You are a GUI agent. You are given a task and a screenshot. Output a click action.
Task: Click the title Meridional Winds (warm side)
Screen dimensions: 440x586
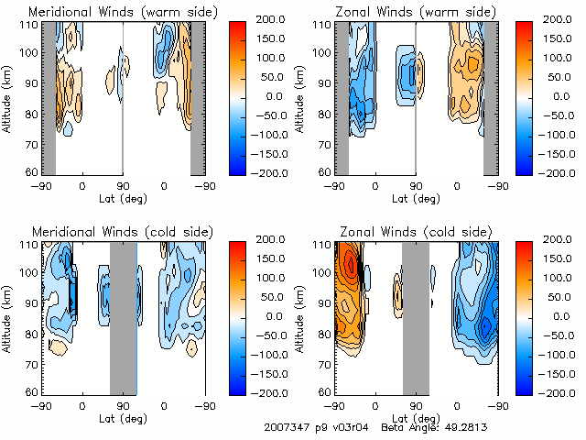[x=124, y=11]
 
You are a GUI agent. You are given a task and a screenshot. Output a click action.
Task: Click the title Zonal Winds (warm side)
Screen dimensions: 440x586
[x=416, y=11]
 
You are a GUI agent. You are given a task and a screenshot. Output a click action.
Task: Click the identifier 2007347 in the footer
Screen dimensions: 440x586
[x=287, y=427]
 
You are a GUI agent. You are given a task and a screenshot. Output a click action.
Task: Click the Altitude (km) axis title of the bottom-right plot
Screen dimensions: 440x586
[x=303, y=316]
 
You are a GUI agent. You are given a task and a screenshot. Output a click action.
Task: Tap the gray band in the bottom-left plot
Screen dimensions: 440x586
[x=123, y=316]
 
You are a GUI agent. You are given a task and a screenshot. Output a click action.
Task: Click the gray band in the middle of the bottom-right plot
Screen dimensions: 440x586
[x=416, y=316]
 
